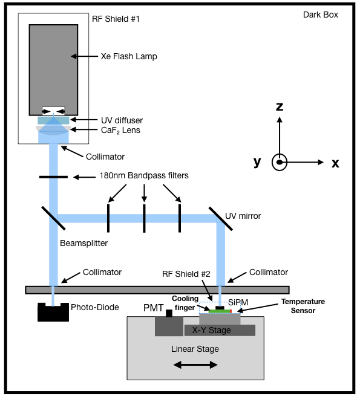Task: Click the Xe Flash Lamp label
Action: tap(128, 57)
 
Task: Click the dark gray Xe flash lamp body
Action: tap(53, 66)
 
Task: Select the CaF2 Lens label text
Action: tap(119, 129)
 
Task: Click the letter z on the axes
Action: tap(279, 107)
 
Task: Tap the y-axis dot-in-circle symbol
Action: tap(279, 162)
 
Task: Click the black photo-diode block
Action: tap(53, 312)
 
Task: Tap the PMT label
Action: tap(153, 308)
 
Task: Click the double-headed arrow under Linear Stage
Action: tap(195, 365)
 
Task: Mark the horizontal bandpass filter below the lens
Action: tap(53, 177)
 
